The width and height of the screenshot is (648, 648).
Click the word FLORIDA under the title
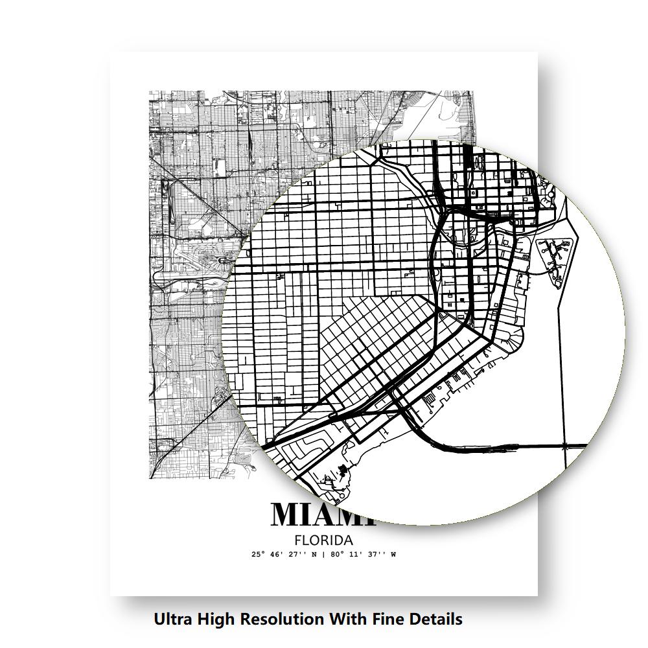click(323, 540)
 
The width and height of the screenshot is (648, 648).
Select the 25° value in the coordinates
click(259, 555)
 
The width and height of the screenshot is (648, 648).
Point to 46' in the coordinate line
click(279, 555)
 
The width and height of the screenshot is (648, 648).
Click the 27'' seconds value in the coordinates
click(301, 555)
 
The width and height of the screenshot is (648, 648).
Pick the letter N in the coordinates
click(315, 555)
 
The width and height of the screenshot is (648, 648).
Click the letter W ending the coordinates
click(393, 555)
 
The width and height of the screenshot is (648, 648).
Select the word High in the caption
click(214, 619)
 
